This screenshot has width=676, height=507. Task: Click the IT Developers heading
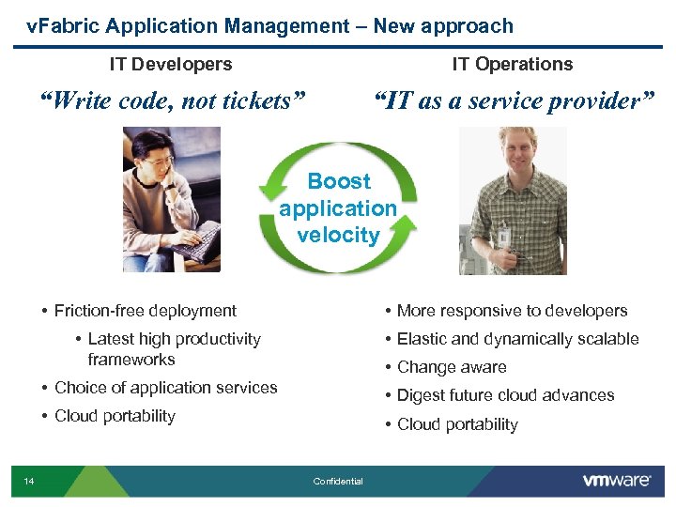tap(170, 64)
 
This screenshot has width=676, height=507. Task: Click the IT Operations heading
tap(512, 64)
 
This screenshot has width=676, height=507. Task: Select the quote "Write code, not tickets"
tap(172, 100)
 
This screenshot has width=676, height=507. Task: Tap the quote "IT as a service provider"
tap(512, 100)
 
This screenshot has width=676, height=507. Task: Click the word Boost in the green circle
tap(339, 181)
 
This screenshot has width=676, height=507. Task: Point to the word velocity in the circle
tap(338, 235)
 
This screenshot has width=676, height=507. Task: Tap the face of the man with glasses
tap(160, 169)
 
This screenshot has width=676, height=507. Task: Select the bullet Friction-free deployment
tap(146, 311)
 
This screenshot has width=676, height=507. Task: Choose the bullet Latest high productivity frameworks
tap(174, 348)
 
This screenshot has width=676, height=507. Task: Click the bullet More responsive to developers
tap(512, 311)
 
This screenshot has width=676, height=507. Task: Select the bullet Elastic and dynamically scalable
tap(517, 339)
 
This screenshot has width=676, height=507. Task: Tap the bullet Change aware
tap(452, 367)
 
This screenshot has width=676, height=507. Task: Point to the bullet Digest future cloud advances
tap(505, 395)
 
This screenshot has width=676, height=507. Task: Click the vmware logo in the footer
tap(616, 481)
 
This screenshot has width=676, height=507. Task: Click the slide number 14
tap(29, 482)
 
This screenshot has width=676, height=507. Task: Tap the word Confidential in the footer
tap(338, 482)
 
